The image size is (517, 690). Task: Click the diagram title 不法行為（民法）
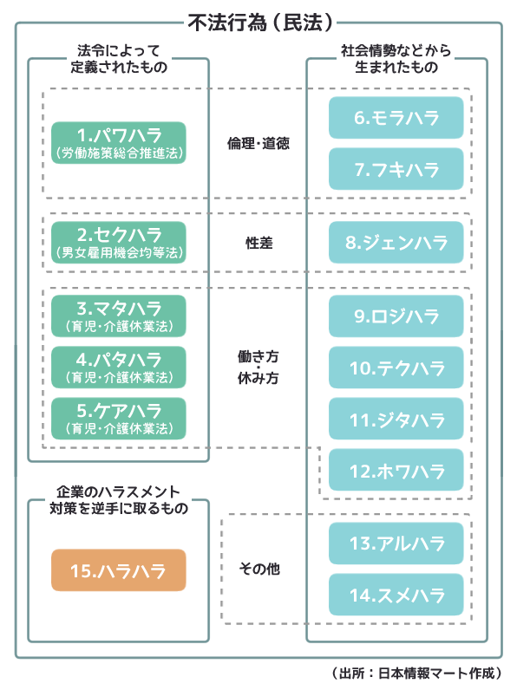click(260, 22)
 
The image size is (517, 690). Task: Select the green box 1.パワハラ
click(119, 142)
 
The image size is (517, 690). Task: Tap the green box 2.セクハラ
click(119, 243)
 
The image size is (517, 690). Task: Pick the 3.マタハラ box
click(119, 316)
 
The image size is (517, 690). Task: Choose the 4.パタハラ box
click(119, 367)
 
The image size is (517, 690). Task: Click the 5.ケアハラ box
click(119, 418)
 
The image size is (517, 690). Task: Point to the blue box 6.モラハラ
click(396, 118)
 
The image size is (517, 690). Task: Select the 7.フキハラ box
click(396, 169)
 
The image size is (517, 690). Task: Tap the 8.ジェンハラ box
click(396, 243)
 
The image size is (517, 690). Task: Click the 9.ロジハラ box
click(396, 316)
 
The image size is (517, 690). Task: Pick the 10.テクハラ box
click(396, 367)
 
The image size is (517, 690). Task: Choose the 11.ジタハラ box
click(396, 419)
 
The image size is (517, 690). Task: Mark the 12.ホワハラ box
click(396, 470)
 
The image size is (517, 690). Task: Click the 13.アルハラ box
click(396, 544)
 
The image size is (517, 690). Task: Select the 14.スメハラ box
click(396, 595)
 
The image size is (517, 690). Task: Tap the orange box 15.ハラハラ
click(119, 570)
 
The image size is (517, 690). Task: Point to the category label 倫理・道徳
click(258, 143)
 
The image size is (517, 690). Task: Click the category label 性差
click(259, 243)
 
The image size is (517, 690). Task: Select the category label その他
click(259, 569)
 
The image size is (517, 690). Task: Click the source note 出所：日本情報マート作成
click(416, 673)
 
